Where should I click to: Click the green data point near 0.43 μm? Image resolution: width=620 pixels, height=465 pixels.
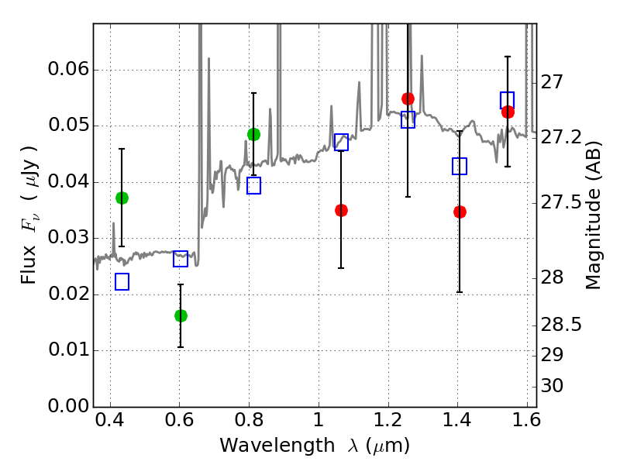click(x=122, y=198)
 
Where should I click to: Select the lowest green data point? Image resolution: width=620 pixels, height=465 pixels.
click(x=181, y=315)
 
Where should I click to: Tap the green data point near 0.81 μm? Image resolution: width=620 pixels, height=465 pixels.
click(x=253, y=134)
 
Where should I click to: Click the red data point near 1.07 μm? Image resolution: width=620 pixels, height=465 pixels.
click(x=341, y=210)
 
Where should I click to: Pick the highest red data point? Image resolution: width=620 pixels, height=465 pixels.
click(x=408, y=98)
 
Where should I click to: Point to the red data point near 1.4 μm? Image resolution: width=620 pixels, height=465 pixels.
click(x=460, y=212)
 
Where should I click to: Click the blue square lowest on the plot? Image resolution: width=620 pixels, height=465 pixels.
click(x=122, y=281)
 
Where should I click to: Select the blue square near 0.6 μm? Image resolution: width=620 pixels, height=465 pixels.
click(x=181, y=259)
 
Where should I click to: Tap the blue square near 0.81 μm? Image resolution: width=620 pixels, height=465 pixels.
click(x=253, y=185)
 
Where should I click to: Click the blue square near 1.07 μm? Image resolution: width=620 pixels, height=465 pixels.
click(x=341, y=142)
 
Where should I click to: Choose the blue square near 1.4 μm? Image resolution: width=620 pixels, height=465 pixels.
click(x=460, y=166)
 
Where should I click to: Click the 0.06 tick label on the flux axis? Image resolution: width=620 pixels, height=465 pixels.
click(x=68, y=71)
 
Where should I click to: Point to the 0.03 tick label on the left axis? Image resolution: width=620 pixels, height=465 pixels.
click(x=68, y=239)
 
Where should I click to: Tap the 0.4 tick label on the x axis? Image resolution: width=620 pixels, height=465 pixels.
click(x=109, y=423)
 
